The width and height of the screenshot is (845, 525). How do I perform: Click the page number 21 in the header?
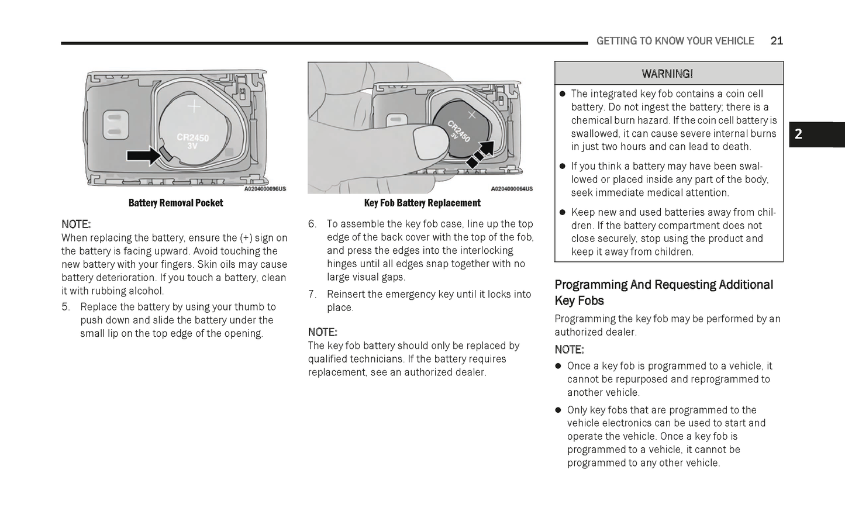pyautogui.click(x=776, y=41)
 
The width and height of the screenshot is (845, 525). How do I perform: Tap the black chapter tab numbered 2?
pyautogui.click(x=816, y=134)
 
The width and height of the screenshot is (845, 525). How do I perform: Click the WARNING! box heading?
pyautogui.click(x=667, y=74)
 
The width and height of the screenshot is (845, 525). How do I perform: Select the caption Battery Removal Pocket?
pyautogui.click(x=175, y=203)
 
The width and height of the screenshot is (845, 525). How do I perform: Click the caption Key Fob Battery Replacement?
pyautogui.click(x=422, y=203)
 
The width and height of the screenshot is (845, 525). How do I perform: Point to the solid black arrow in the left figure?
pyautogui.click(x=143, y=156)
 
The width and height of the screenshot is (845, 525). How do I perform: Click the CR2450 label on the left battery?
pyautogui.click(x=193, y=137)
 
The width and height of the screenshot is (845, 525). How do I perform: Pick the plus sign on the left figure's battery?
pyautogui.click(x=194, y=106)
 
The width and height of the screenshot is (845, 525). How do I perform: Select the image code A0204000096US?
pyautogui.click(x=265, y=189)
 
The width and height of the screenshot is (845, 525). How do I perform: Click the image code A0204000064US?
pyautogui.click(x=512, y=189)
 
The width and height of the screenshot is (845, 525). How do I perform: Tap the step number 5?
pyautogui.click(x=65, y=307)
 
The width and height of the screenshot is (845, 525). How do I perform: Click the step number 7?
pyautogui.click(x=312, y=294)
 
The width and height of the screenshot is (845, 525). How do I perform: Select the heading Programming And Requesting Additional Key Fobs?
pyautogui.click(x=664, y=292)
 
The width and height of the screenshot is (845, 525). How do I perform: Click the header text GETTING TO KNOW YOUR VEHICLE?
pyautogui.click(x=675, y=41)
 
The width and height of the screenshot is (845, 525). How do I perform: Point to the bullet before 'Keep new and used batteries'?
pyautogui.click(x=563, y=212)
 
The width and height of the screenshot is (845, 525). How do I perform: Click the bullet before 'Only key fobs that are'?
pyautogui.click(x=558, y=410)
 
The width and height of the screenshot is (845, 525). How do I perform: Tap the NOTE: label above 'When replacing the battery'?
pyautogui.click(x=76, y=224)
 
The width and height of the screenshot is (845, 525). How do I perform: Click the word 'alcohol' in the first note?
pyautogui.click(x=146, y=291)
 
